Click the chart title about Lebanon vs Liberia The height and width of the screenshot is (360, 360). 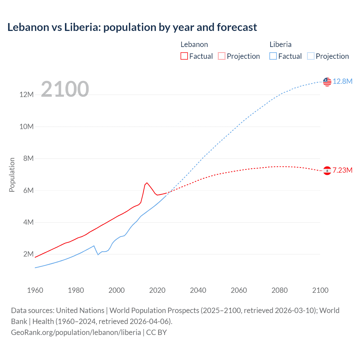(132, 27)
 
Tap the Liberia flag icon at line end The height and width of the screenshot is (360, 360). (327, 82)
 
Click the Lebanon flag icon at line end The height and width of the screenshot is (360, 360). (327, 170)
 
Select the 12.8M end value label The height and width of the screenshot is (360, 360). (343, 82)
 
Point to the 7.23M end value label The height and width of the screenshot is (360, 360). (343, 170)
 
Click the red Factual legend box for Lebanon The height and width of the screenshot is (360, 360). (184, 56)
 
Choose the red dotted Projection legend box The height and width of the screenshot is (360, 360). (222, 56)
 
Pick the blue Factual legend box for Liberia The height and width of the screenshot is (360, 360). (273, 56)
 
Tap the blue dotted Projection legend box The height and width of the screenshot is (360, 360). (311, 56)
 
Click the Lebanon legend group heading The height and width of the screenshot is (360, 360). (194, 44)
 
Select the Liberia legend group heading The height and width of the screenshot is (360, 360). (280, 44)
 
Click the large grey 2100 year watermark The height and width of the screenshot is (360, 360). (65, 89)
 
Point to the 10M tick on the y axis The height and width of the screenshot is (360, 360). (26, 127)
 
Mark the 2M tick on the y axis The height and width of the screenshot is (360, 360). (28, 254)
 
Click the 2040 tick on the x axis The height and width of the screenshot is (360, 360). (198, 290)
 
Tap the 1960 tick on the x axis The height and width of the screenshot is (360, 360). (35, 290)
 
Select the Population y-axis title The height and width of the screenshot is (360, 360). (12, 175)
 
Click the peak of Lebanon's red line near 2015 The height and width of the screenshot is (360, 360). (147, 183)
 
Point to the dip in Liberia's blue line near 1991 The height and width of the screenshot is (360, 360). (98, 255)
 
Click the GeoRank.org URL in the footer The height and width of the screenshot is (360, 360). (76, 332)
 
